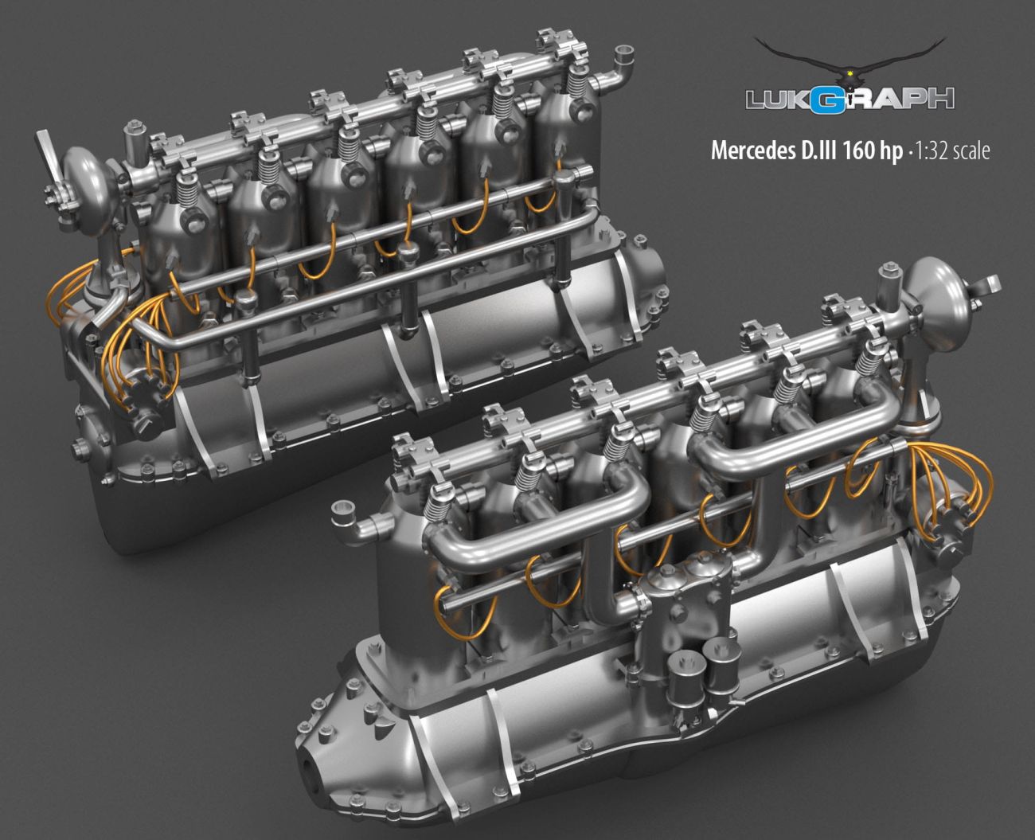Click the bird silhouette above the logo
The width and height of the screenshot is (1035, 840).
coord(850,60)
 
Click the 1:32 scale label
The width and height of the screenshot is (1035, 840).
coord(951,150)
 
